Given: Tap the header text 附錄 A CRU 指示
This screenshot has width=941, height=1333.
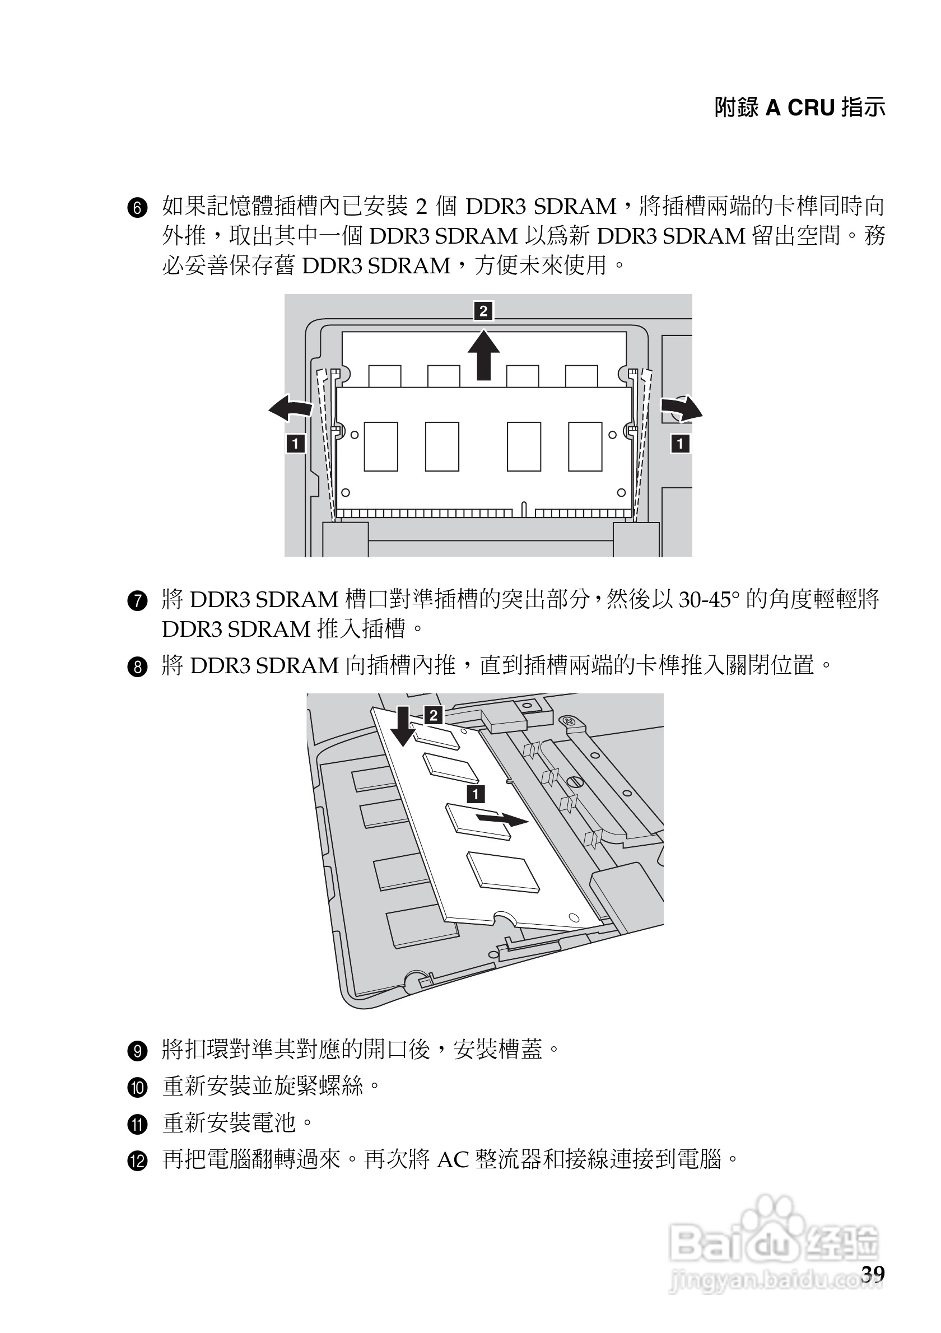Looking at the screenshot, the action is click(799, 108).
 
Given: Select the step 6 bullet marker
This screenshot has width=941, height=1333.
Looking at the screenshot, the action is click(137, 208).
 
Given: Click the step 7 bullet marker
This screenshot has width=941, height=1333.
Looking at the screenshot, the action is click(137, 601).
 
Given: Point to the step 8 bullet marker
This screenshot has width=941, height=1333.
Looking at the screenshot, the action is click(137, 667).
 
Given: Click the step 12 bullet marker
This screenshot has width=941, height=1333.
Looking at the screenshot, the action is click(137, 1162).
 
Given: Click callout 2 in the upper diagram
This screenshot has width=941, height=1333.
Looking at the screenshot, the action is click(483, 311).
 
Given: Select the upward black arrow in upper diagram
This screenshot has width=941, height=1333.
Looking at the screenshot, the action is click(483, 355).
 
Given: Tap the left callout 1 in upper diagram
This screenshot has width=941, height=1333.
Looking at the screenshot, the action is click(296, 444).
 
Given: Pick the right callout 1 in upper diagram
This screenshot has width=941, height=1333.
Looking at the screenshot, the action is click(680, 444).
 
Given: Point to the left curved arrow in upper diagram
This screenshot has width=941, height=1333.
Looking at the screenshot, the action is click(290, 408).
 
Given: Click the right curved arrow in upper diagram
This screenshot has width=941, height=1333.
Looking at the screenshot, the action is click(682, 408).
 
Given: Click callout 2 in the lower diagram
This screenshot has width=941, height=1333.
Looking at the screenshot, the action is click(434, 715).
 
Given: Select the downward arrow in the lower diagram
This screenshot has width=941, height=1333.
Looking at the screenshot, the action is click(403, 726).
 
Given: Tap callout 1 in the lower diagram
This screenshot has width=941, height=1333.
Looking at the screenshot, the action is click(476, 794).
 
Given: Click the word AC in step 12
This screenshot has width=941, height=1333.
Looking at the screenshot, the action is click(453, 1160).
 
